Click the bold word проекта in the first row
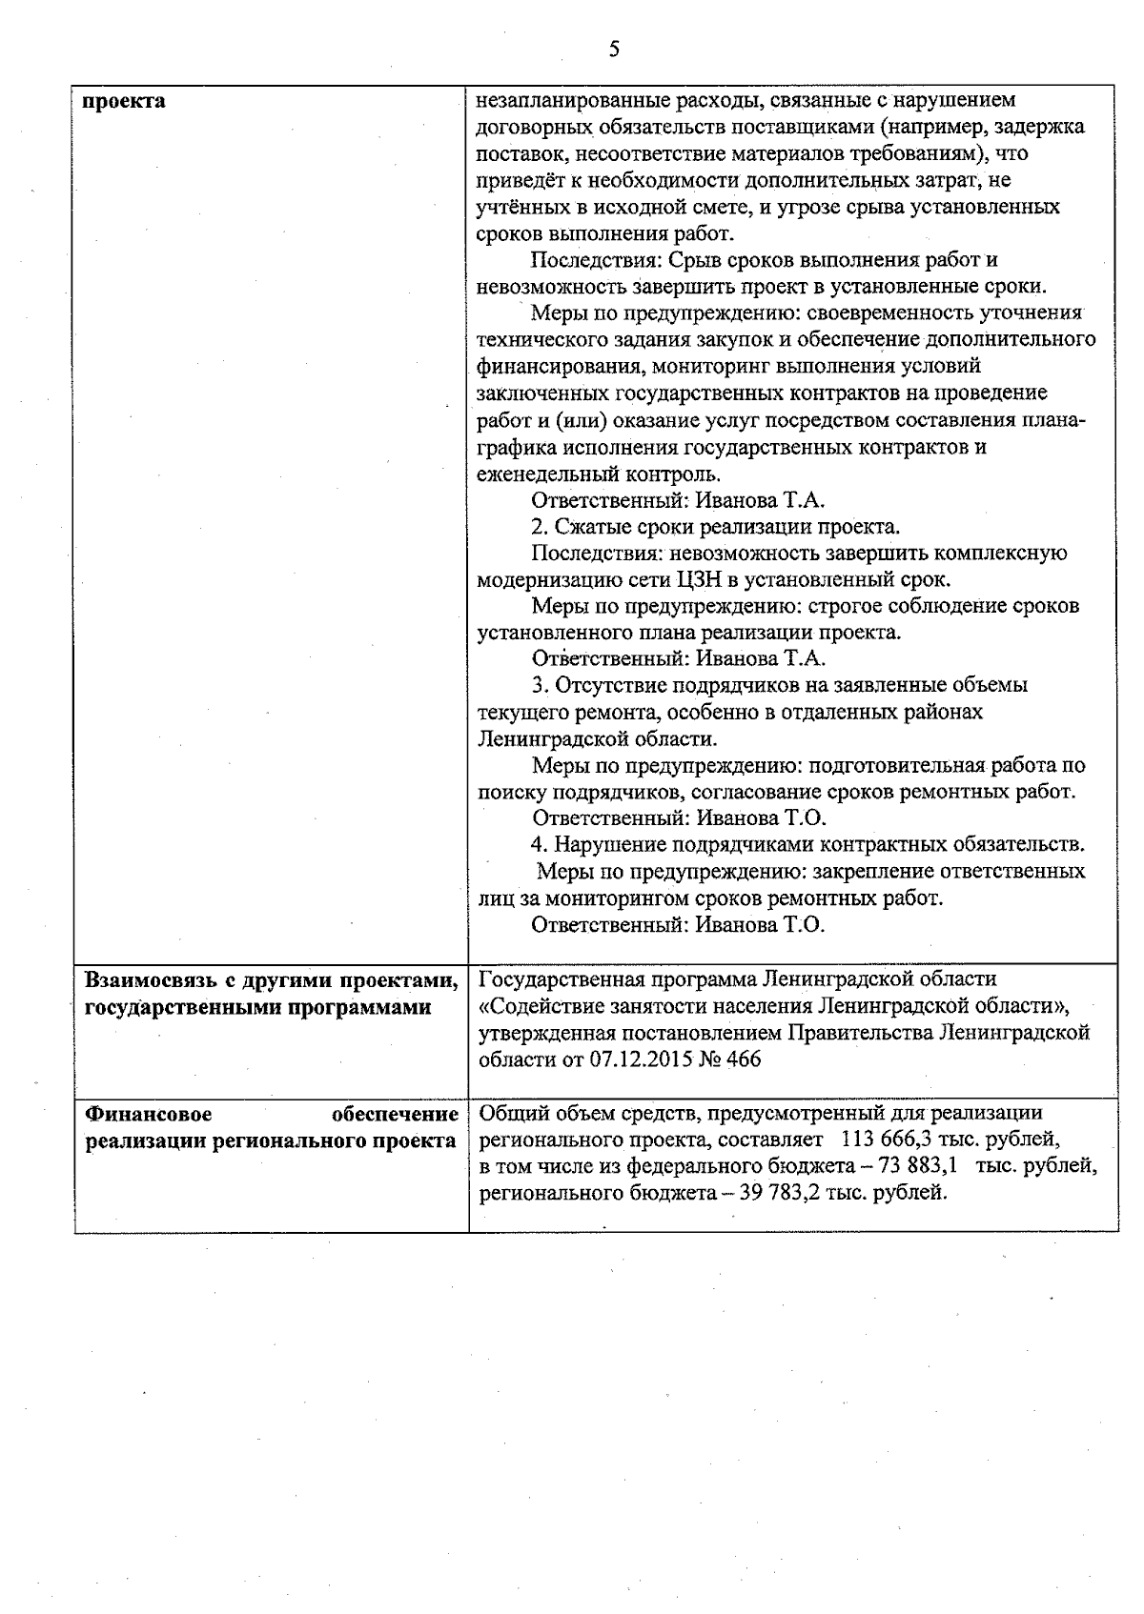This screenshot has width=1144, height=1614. tap(124, 101)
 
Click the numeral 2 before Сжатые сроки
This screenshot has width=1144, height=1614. tap(536, 527)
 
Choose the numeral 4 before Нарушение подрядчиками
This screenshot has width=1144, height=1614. tap(537, 844)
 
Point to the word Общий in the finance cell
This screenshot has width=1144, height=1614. tap(506, 1113)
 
